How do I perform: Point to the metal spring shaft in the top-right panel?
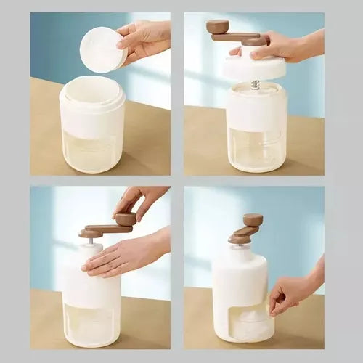pyautogui.click(x=256, y=84)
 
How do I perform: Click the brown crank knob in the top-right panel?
pyautogui.click(x=217, y=27)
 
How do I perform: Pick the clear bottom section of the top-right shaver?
pyautogui.click(x=256, y=149)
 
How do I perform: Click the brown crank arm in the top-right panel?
pyautogui.click(x=236, y=36)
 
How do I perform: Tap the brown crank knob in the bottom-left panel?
pyautogui.click(x=126, y=219)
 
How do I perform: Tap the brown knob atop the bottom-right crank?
pyautogui.click(x=253, y=219)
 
